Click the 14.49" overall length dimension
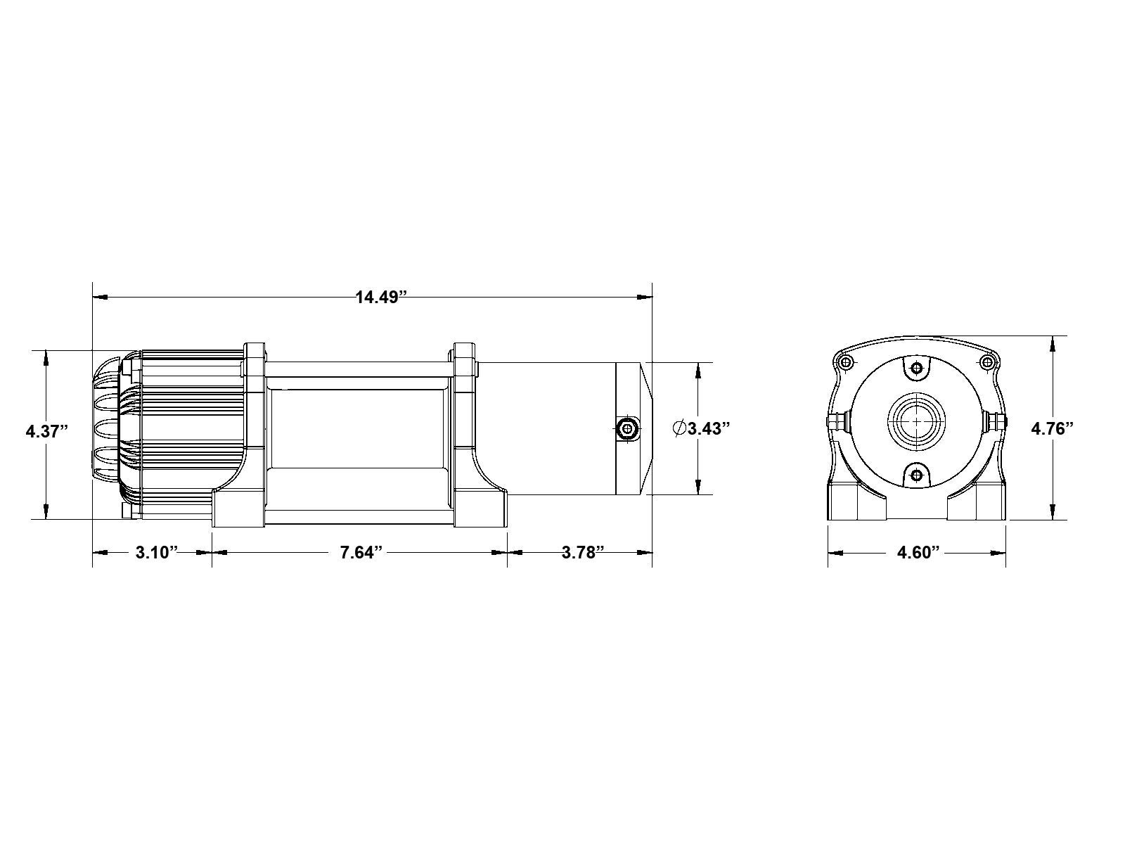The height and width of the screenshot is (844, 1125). [x=381, y=297]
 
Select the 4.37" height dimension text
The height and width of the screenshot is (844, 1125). [x=46, y=430]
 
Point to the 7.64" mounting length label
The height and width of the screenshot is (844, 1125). [x=361, y=552]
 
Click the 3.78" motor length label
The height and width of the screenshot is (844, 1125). [x=583, y=552]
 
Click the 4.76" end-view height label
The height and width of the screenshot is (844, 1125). [x=1052, y=428]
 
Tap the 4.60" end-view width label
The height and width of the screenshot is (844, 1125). [x=918, y=552]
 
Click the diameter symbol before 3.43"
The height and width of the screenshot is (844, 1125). [x=679, y=428]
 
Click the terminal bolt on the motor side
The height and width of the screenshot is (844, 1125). [x=626, y=428]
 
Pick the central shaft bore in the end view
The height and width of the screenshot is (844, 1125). [x=916, y=421]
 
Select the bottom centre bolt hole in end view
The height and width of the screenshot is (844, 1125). [x=916, y=475]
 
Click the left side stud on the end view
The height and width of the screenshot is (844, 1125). [x=836, y=422]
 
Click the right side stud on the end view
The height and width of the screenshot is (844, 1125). [x=995, y=422]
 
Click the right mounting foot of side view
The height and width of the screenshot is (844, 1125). [x=481, y=506]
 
